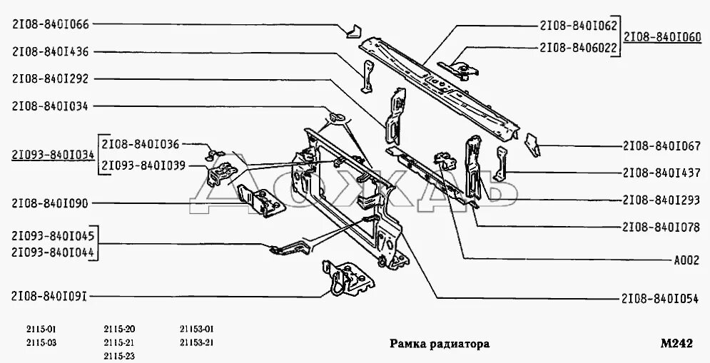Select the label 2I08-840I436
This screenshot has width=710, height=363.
[x=50, y=51]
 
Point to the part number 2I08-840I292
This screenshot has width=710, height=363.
[x=50, y=79]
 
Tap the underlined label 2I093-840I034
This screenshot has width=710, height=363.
[x=53, y=154]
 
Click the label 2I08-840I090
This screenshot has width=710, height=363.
[x=50, y=204]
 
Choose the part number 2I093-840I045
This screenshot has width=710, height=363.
[x=54, y=235]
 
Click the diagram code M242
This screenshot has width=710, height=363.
[x=676, y=343]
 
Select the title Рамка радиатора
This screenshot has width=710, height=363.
[x=439, y=343]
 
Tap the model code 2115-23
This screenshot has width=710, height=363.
[x=119, y=355]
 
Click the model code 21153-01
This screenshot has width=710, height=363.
[x=197, y=329]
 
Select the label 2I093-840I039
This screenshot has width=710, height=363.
[x=143, y=165]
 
